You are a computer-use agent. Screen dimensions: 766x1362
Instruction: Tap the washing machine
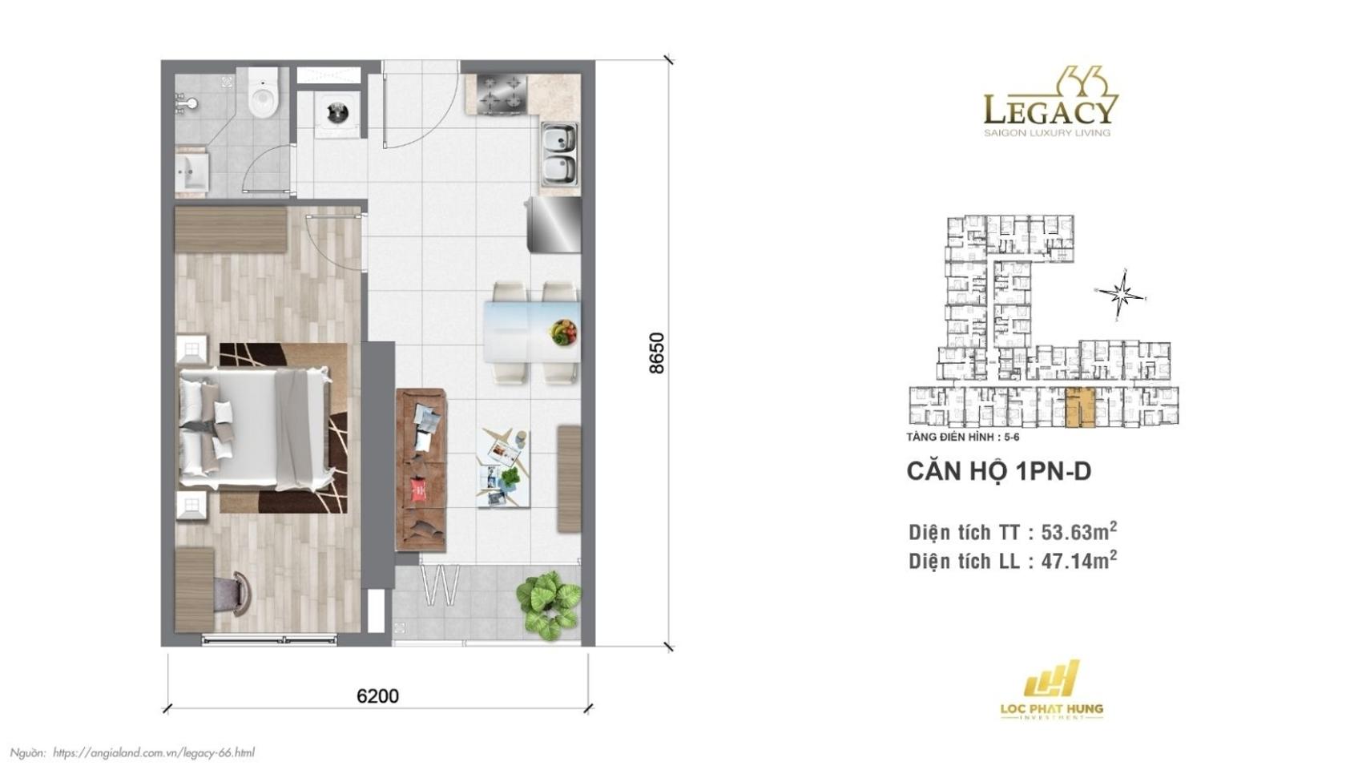tap(332, 112)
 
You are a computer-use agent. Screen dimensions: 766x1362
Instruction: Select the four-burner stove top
tap(502, 93)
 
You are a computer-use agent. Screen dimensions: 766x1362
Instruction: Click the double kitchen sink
tap(558, 154)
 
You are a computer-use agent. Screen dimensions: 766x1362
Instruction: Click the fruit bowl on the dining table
tap(564, 331)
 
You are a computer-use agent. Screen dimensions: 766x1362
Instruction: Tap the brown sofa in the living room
tap(421, 470)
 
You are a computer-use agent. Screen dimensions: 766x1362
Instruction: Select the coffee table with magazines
tap(503, 469)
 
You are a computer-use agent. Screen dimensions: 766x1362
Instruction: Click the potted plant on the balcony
tap(549, 603)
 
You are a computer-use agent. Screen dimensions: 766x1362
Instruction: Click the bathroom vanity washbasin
tap(191, 171)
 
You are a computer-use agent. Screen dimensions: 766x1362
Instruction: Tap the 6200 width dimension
tap(377, 695)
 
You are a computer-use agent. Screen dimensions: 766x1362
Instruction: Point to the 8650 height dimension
tap(656, 353)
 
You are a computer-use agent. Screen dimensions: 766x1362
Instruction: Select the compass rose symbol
tap(1122, 294)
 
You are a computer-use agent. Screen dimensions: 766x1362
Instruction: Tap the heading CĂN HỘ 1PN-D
tap(998, 471)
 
